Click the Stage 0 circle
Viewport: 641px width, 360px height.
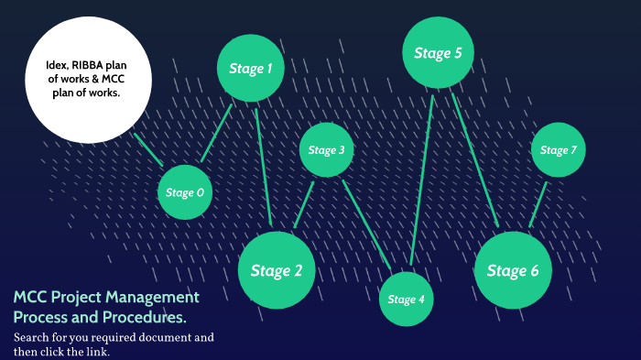(x=186, y=192)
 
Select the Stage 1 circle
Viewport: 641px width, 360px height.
(x=250, y=68)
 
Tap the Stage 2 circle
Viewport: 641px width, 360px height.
(x=277, y=270)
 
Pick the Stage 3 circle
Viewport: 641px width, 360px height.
(x=327, y=149)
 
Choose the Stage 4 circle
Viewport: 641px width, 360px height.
(x=407, y=299)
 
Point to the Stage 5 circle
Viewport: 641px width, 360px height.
(x=438, y=53)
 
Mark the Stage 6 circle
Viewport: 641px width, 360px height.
(x=513, y=270)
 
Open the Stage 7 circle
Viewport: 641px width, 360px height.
(x=558, y=149)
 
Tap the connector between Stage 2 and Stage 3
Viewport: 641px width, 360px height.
(x=304, y=204)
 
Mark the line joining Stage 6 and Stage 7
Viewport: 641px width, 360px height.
(x=538, y=204)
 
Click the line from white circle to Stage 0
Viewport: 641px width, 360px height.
(x=148, y=150)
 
